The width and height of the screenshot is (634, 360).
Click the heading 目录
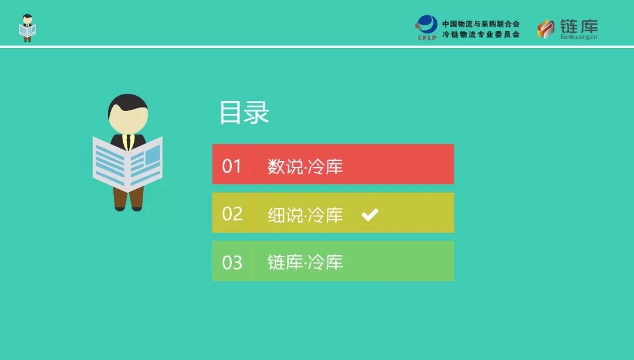point(244,112)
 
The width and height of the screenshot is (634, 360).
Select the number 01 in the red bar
point(231,166)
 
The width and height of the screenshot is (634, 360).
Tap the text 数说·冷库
point(305,166)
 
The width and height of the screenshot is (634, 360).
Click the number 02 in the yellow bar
point(232,214)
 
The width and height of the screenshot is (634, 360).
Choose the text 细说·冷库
point(305,215)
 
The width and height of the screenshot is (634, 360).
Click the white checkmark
point(370,214)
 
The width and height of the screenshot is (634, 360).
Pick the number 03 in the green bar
point(232,263)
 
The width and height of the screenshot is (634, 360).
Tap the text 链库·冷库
point(305,262)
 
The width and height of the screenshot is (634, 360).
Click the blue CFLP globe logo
point(427,27)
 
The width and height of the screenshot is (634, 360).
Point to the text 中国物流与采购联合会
point(481,24)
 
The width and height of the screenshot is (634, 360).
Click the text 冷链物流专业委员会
point(481,35)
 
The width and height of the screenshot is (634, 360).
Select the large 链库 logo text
point(579,26)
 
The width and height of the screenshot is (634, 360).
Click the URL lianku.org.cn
point(579,37)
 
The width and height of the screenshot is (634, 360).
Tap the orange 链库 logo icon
point(546,29)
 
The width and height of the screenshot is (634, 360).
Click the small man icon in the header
point(28,28)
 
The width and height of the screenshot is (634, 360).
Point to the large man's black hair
point(128,103)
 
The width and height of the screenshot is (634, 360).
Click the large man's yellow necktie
point(129,142)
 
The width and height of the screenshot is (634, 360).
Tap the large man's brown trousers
point(129,198)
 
